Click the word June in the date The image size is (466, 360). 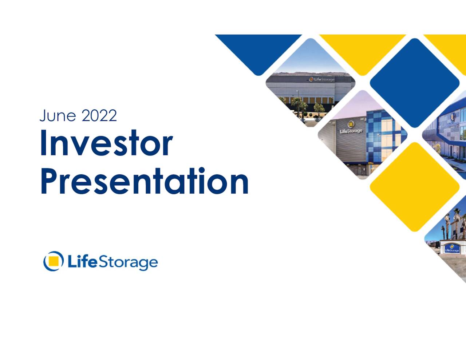[x=58, y=115]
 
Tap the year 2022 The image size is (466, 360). [x=99, y=115]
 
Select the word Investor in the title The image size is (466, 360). [x=106, y=143]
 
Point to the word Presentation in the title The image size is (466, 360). [x=144, y=181]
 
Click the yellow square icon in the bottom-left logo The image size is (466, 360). [x=54, y=261]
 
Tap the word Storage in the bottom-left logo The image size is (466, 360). [x=128, y=262]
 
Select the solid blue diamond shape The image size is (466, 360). [x=415, y=83]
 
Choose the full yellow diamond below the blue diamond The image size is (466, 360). [x=415, y=187]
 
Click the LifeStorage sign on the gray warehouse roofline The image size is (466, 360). [x=321, y=79]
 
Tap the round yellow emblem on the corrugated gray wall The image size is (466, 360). [x=351, y=124]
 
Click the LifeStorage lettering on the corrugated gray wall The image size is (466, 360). [x=351, y=131]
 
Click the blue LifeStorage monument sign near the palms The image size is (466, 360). [x=452, y=249]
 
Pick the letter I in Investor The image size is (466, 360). [x=43, y=143]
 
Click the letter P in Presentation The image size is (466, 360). [x=50, y=181]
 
